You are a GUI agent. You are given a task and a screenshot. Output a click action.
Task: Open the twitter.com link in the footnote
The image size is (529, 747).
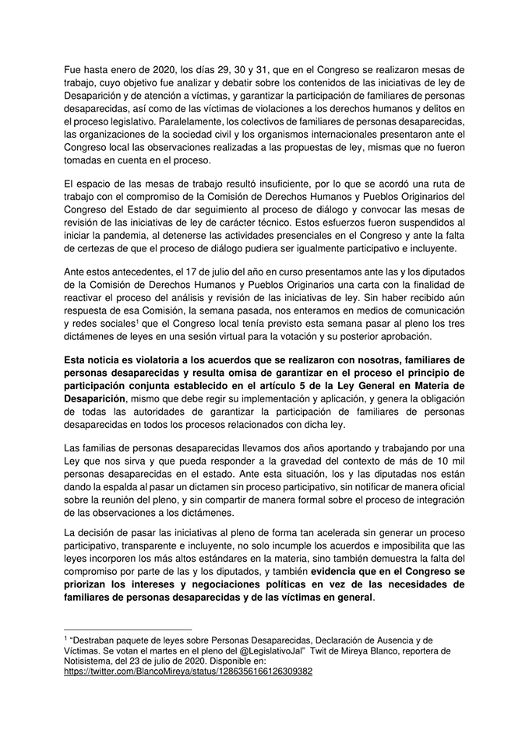188,671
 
